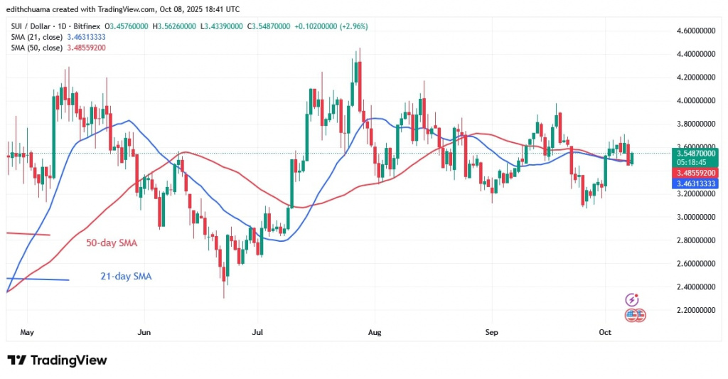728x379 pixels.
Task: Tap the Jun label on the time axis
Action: (144, 332)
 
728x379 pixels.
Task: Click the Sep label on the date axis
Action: (491, 332)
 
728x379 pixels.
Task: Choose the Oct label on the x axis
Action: (605, 332)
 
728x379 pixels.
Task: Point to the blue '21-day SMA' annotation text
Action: (126, 276)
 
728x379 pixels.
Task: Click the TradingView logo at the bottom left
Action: (57, 361)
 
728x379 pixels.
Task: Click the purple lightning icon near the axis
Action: (631, 299)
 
